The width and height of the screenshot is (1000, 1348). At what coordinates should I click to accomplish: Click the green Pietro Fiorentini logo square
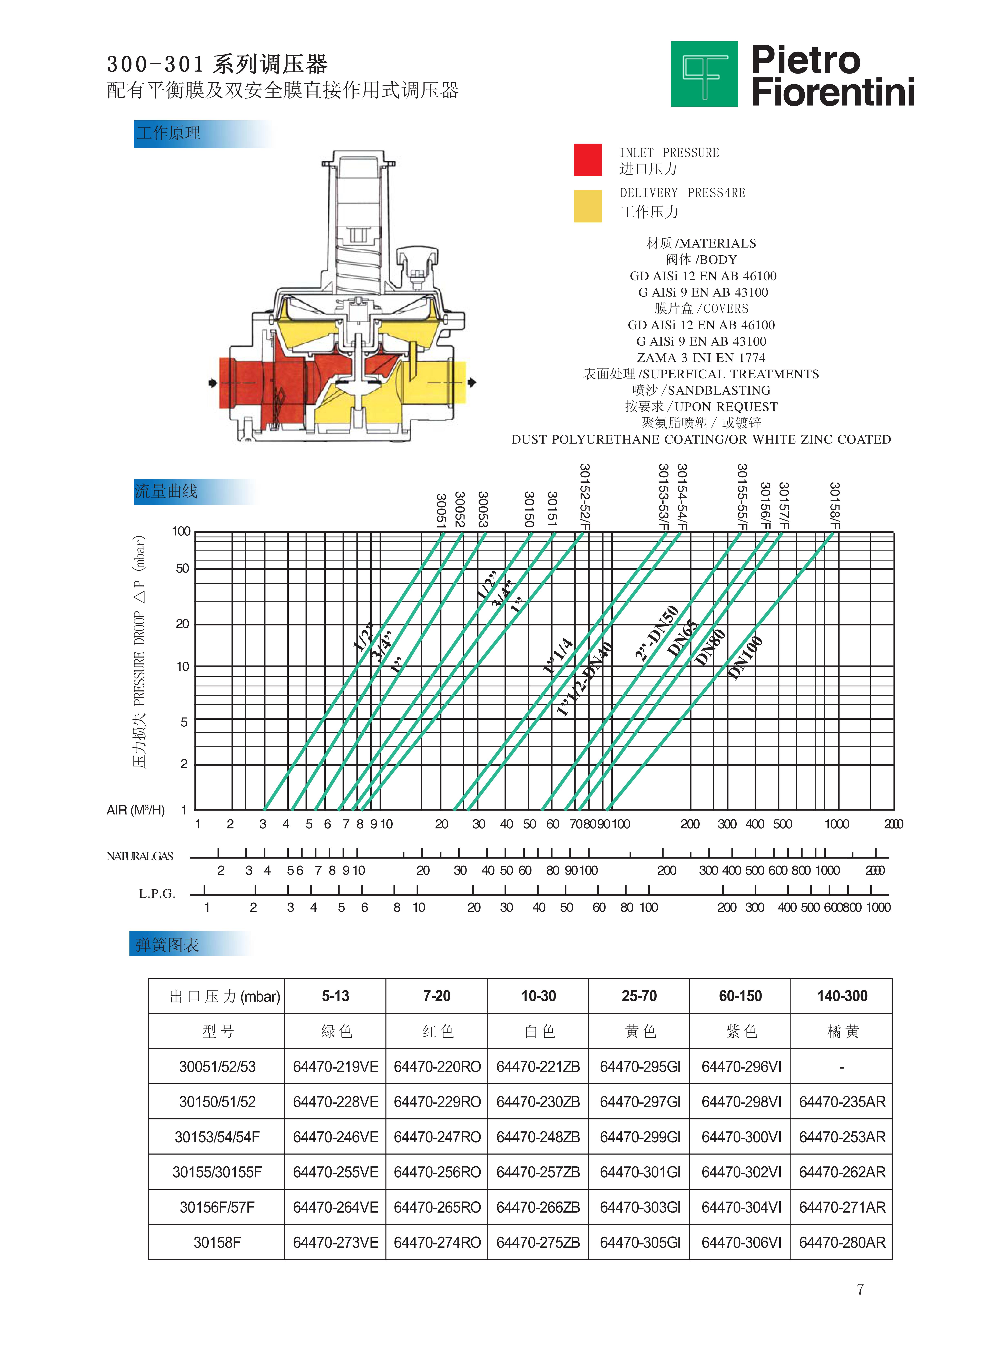tap(704, 74)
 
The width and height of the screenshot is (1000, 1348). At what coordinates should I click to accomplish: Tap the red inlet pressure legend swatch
tap(587, 160)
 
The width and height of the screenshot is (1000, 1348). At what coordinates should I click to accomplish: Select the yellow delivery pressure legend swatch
tap(587, 206)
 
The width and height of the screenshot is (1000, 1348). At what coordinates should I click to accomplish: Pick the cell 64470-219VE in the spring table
tap(335, 1067)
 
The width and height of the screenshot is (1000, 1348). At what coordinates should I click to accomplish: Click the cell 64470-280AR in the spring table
tap(842, 1242)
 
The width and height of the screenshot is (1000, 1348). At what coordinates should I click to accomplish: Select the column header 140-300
tap(842, 996)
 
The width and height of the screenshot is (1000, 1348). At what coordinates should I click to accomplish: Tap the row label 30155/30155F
tap(217, 1172)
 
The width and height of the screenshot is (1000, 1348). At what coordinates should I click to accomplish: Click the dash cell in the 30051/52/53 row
tap(842, 1067)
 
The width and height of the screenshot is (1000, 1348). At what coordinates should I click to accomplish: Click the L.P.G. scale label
tap(157, 893)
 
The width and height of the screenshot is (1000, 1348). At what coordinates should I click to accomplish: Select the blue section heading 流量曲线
tap(166, 491)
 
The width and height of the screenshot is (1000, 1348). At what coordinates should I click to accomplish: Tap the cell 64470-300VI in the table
tap(741, 1137)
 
